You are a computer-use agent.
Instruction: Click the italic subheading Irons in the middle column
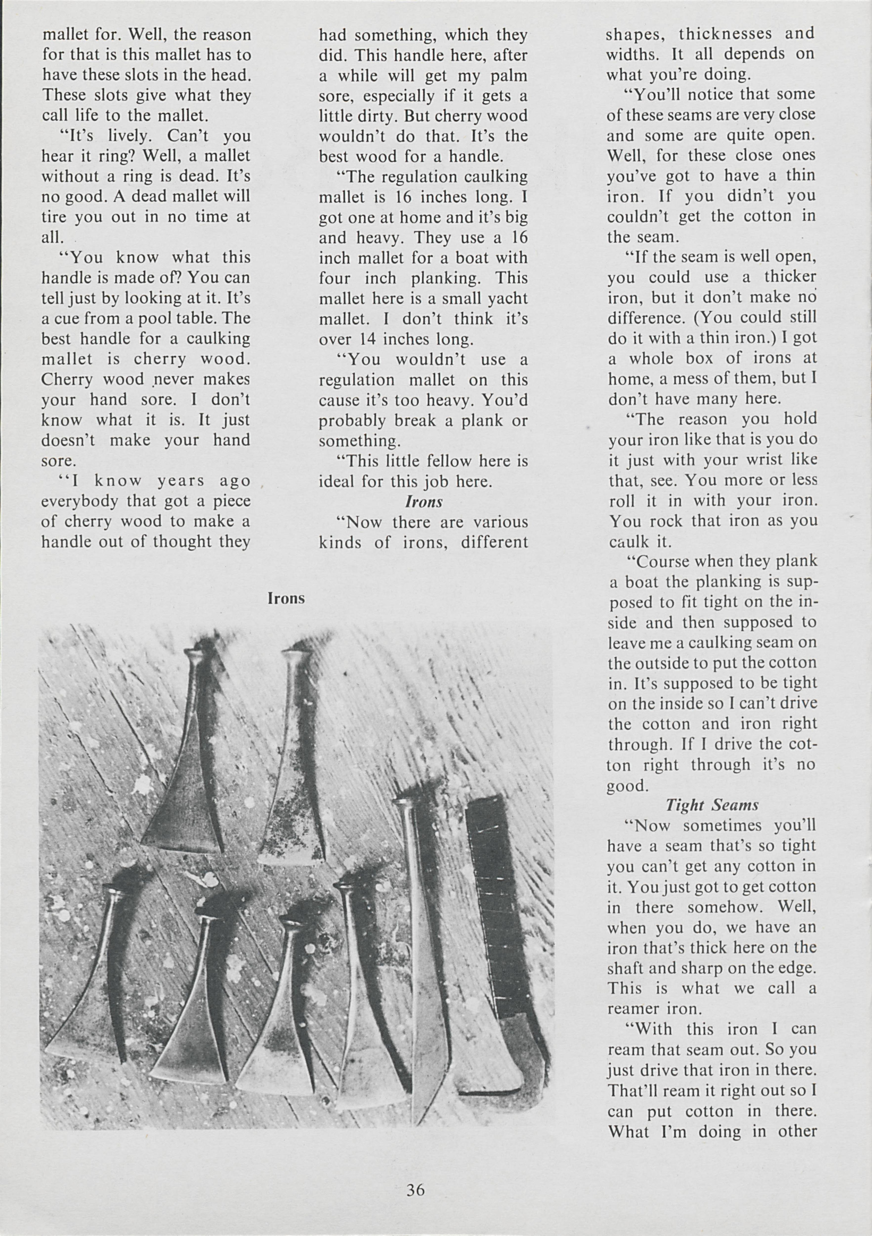424,502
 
